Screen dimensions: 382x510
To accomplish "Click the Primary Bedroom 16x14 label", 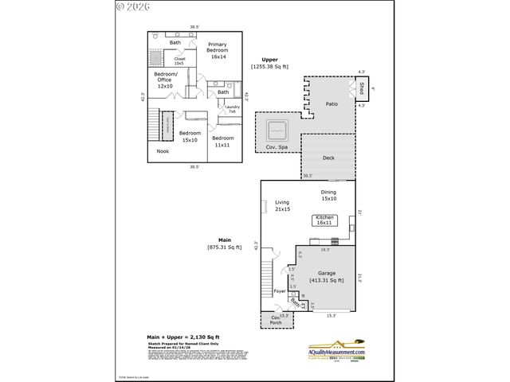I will click(218, 50).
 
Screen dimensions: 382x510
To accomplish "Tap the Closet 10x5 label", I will click(179, 60).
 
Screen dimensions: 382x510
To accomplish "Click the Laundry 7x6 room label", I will click(232, 109).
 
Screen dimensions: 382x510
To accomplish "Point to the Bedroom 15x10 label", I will click(190, 136).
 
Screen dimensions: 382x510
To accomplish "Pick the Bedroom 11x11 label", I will click(222, 141).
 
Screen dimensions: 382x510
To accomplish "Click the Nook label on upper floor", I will click(163, 150).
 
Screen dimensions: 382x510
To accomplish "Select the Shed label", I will click(362, 88).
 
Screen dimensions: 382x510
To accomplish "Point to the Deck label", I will click(328, 158).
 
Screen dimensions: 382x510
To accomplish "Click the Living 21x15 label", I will click(281, 205).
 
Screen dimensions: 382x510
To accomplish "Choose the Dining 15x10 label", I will click(328, 195).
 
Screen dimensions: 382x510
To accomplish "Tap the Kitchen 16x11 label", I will click(324, 220).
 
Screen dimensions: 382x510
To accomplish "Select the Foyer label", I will click(279, 291).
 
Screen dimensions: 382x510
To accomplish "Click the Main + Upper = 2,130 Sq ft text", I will click(185, 337).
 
